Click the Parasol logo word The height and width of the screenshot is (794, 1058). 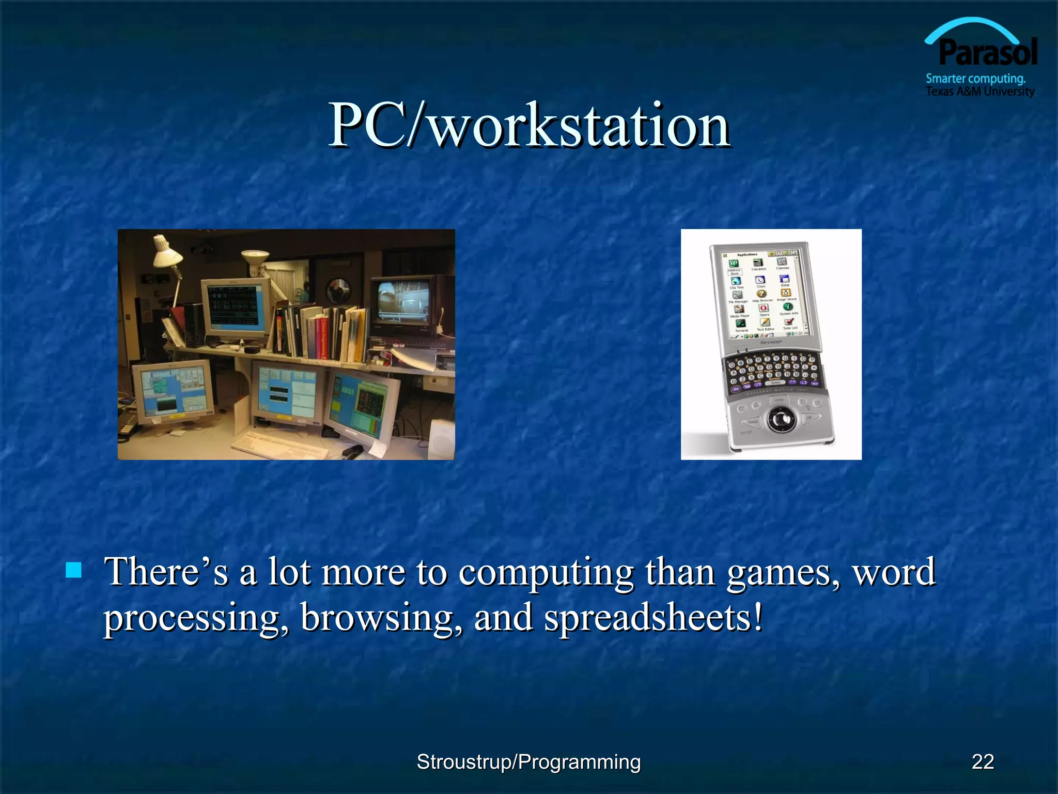click(x=987, y=53)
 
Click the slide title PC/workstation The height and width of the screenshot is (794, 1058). click(x=529, y=126)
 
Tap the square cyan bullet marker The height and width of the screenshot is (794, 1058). click(x=74, y=570)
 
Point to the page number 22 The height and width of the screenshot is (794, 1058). click(x=982, y=761)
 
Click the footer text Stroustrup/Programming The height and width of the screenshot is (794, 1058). click(x=528, y=761)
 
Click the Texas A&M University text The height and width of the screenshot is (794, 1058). click(x=979, y=91)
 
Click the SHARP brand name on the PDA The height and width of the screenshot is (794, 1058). click(x=771, y=342)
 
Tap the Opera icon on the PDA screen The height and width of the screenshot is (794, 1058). click(x=764, y=308)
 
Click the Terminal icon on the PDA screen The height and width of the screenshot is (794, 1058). click(x=740, y=324)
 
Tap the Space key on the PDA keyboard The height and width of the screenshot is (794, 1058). click(x=775, y=383)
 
